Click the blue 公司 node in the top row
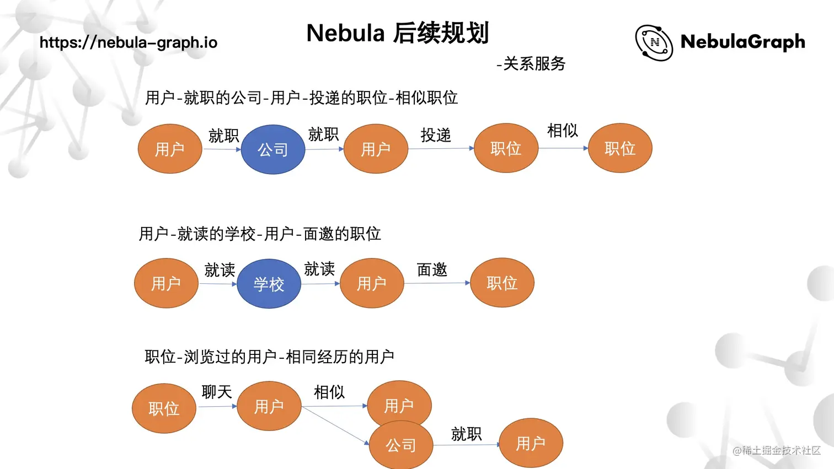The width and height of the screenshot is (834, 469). (273, 149)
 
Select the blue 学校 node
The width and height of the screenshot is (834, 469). (269, 284)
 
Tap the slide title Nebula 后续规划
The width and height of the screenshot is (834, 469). (398, 33)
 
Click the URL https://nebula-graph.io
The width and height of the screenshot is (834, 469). (129, 42)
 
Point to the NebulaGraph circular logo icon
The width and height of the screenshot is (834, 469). (654, 42)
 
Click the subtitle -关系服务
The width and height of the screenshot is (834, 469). (531, 64)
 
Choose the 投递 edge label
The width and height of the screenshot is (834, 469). (436, 135)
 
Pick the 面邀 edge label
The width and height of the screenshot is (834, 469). (432, 269)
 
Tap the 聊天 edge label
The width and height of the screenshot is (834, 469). (217, 392)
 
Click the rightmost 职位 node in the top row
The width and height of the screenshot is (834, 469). (620, 148)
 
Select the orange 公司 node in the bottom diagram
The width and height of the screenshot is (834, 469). (401, 445)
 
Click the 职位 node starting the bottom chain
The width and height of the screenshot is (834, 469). (164, 408)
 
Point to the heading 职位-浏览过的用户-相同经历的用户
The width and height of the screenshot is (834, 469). (269, 357)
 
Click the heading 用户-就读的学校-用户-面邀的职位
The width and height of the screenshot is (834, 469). (260, 234)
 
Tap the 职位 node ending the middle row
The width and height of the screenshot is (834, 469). (502, 283)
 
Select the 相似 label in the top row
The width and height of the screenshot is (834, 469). (563, 131)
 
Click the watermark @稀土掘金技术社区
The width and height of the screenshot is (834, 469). (777, 450)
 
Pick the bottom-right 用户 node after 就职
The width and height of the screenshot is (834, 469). (531, 443)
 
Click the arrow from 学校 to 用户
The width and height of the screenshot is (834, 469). (320, 284)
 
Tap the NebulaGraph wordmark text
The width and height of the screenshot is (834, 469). (742, 42)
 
